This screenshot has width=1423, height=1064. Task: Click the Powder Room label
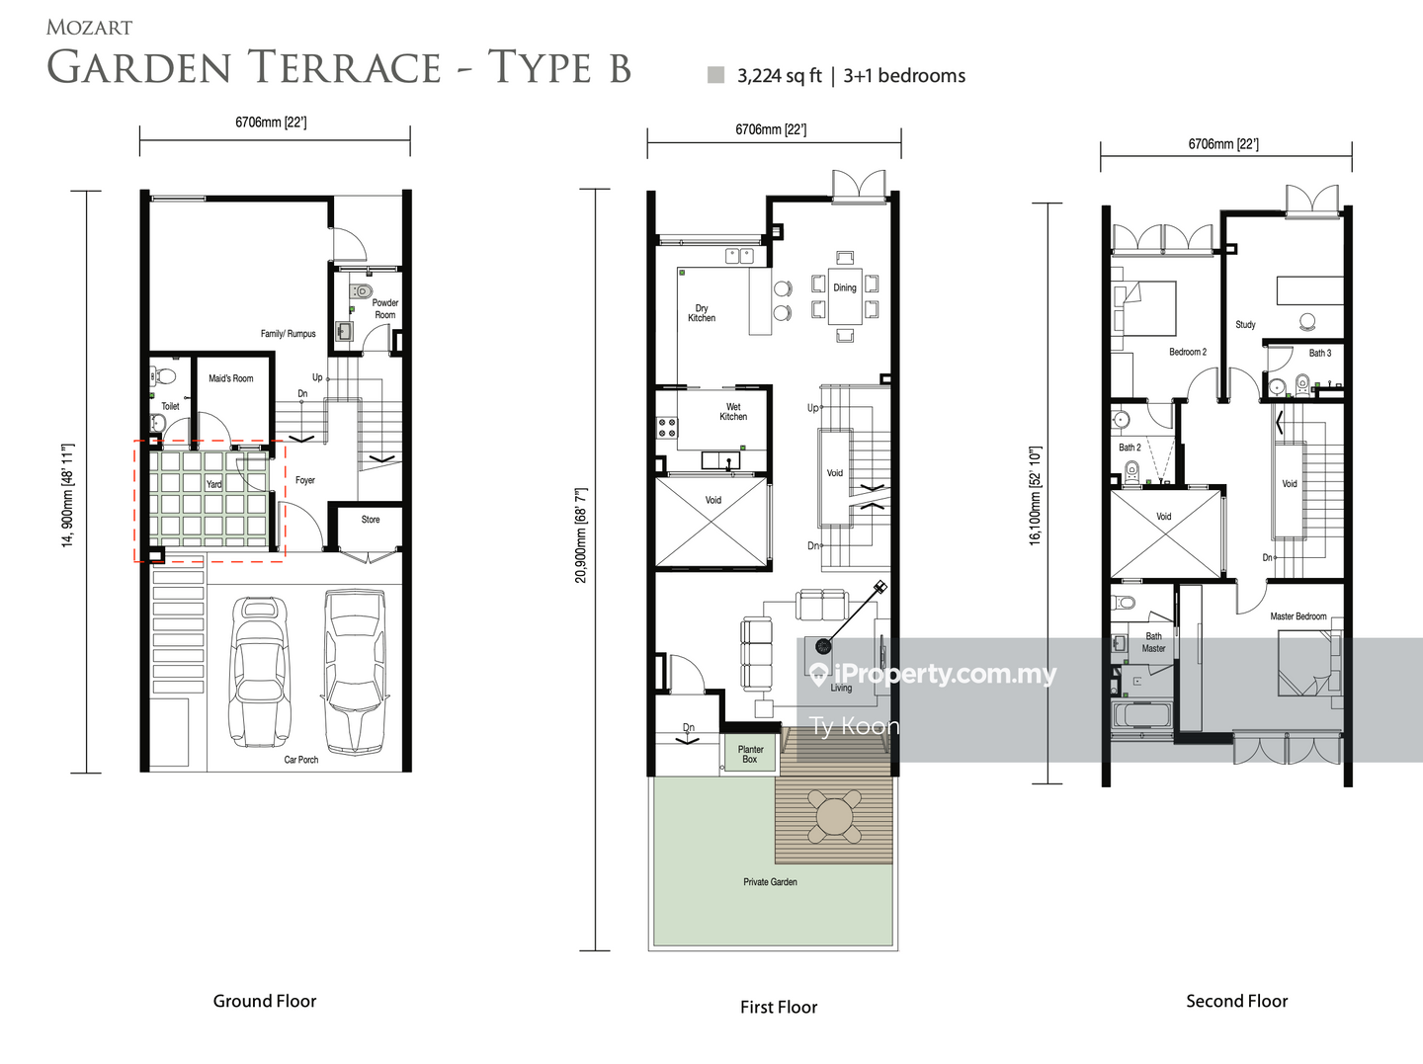point(385,308)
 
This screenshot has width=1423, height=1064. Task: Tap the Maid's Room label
point(231,378)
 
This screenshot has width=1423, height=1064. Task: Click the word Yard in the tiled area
point(213,484)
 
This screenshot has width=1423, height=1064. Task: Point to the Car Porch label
point(300,760)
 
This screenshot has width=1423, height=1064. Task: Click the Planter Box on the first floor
point(750,754)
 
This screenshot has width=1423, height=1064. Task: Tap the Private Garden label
point(770,882)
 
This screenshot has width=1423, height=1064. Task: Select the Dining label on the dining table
point(845,287)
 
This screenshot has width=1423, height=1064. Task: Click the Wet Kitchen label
point(733,412)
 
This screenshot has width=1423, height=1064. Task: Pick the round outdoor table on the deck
point(834,817)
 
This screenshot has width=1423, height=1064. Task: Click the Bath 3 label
point(1320,353)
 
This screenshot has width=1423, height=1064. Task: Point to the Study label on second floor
point(1245,325)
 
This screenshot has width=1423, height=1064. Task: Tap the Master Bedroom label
point(1297,616)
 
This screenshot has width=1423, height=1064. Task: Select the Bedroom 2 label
point(1188,352)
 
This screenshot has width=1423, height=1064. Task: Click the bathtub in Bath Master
point(1141,717)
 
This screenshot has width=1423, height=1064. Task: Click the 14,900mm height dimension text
point(68,496)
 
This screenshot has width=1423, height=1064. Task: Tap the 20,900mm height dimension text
point(581,535)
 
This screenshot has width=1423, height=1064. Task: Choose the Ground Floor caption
point(265,1001)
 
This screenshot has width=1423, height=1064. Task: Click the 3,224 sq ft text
point(780,76)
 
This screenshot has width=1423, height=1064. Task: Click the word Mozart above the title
point(90,28)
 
